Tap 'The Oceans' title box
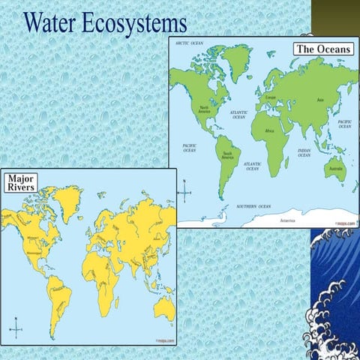(322, 49)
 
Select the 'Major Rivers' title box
(20, 183)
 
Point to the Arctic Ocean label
(190, 43)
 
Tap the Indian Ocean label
(304, 152)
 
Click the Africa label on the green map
(270, 130)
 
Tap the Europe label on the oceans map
(272, 98)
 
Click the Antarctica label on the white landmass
(287, 220)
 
